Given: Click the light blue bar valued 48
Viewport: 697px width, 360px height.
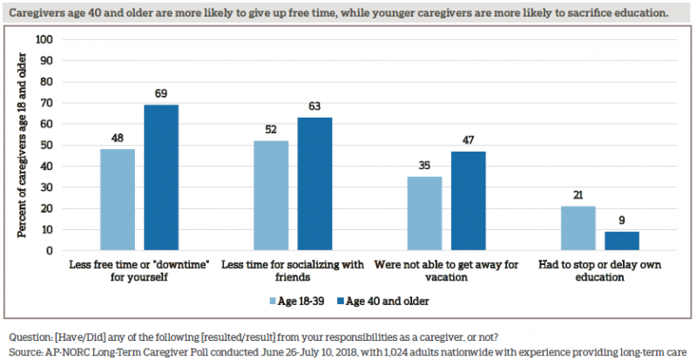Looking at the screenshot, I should [118, 200].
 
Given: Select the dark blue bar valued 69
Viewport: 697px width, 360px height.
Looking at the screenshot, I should [161, 178].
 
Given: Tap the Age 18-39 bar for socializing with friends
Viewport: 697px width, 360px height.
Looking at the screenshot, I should [271, 195].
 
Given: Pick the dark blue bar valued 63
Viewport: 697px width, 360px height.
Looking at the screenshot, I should [315, 184].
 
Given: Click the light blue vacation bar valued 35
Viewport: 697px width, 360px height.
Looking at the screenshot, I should [424, 214].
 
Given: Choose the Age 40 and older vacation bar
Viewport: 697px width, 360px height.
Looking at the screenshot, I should [468, 200].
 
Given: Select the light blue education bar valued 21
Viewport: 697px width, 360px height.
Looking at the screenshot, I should [578, 228].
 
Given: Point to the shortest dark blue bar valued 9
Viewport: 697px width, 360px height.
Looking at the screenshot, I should [621, 241].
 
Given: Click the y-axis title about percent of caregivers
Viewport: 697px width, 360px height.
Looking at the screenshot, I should [23, 146].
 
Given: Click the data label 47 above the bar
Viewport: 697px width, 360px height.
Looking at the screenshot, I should [468, 139].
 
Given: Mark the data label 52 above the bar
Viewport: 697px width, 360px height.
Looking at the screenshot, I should [271, 129].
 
